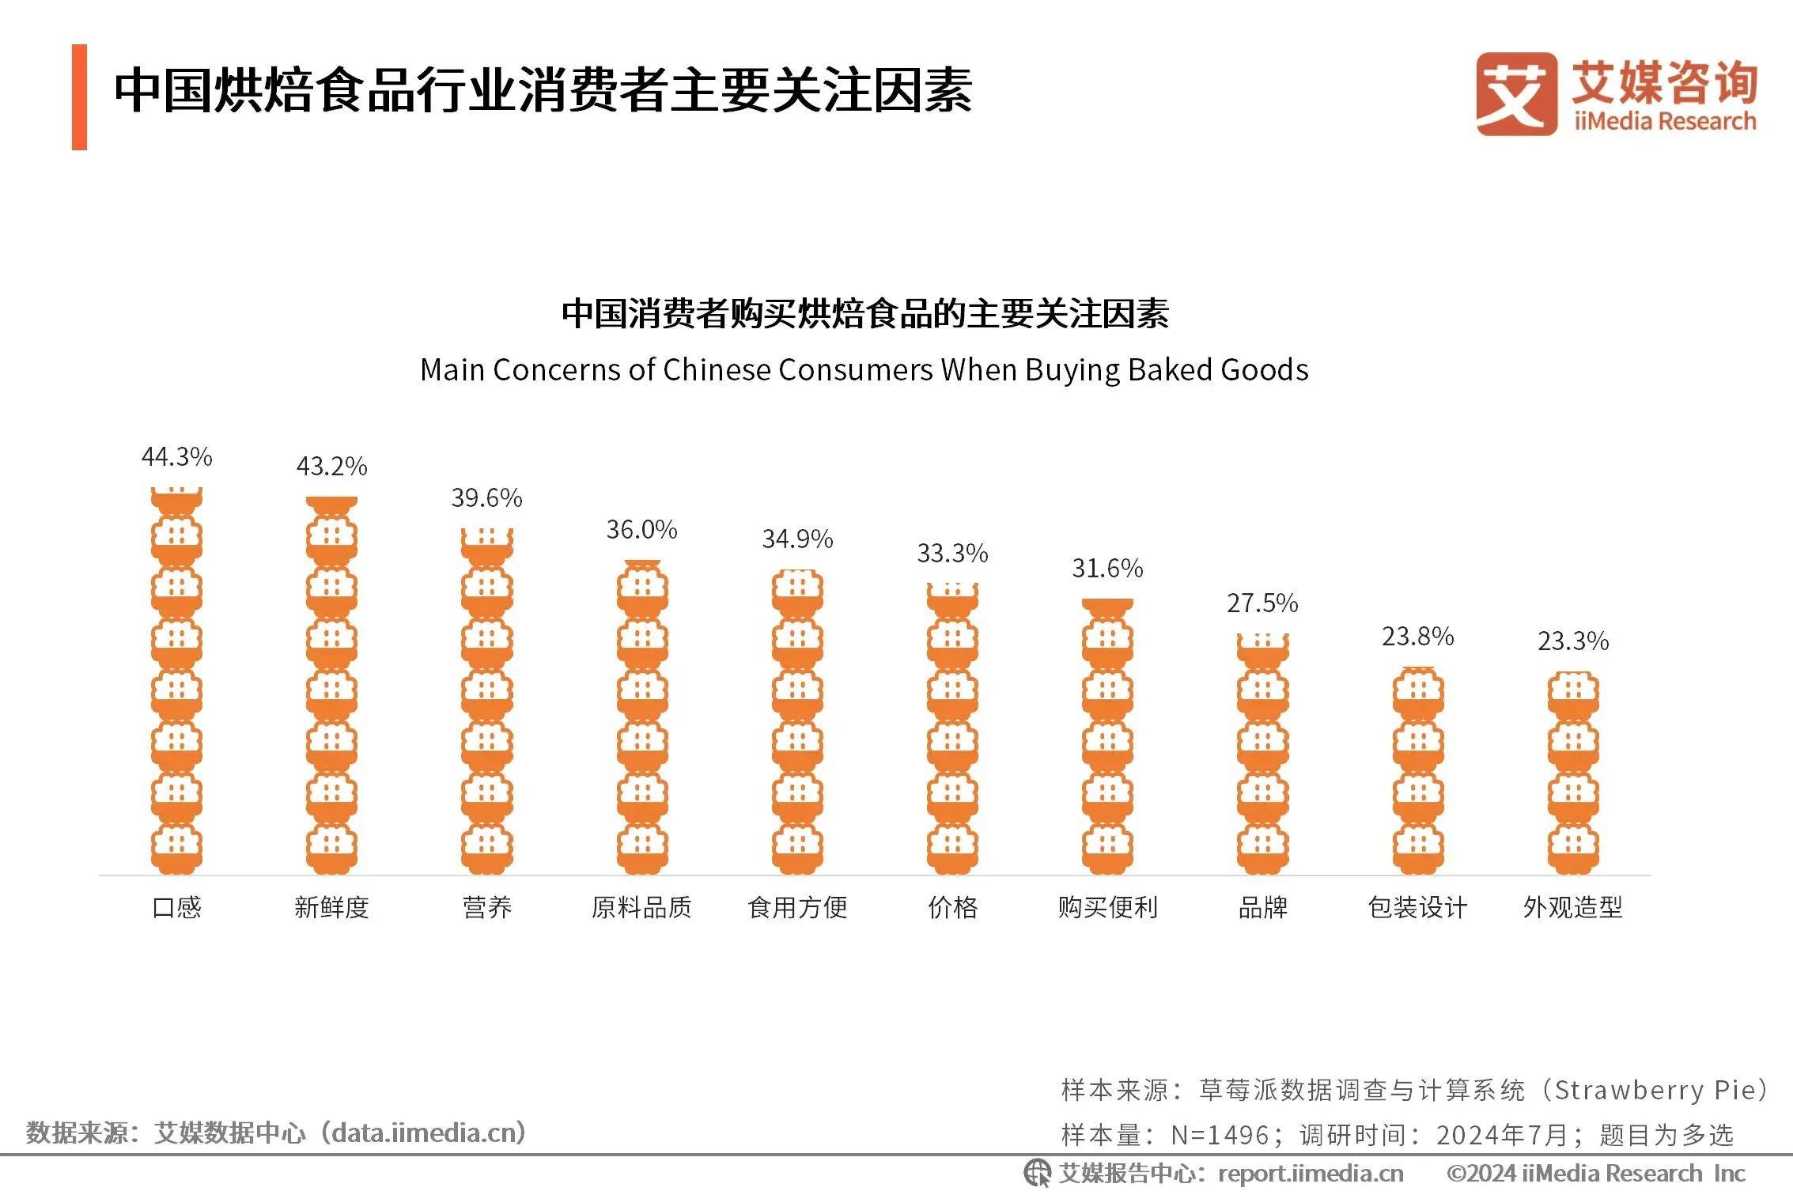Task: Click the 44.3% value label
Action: (176, 457)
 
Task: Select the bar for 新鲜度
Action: (331, 685)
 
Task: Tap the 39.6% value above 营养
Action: (486, 498)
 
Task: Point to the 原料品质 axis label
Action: (641, 907)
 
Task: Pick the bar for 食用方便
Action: (797, 721)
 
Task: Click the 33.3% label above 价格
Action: (952, 554)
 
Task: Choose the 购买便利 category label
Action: (1107, 907)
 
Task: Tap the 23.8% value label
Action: (1417, 637)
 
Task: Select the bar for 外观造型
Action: (1572, 773)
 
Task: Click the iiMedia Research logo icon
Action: (1515, 94)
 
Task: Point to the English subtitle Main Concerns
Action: (864, 370)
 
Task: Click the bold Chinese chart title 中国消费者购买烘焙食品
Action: (864, 314)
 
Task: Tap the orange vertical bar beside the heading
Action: (79, 96)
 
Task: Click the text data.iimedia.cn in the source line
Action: (428, 1133)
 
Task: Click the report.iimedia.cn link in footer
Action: (1311, 1174)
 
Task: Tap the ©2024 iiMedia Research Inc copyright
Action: (1595, 1174)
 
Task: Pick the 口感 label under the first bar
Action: (176, 907)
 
